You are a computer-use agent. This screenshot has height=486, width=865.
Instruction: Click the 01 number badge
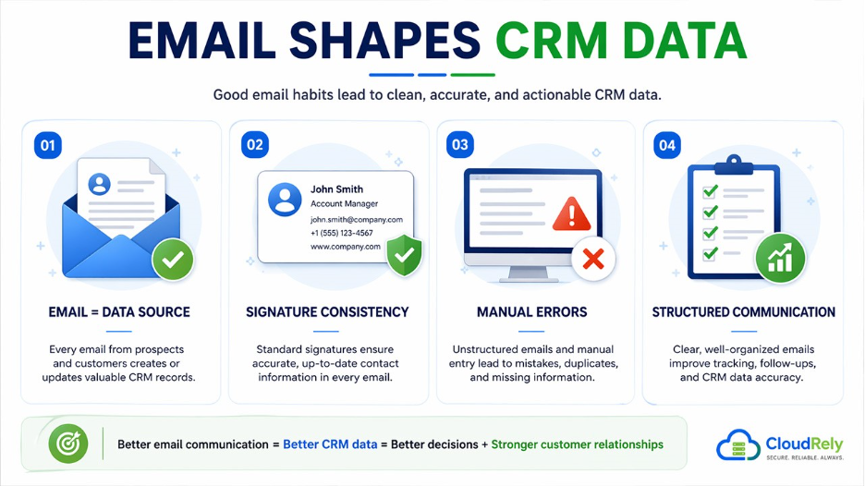[x=47, y=145]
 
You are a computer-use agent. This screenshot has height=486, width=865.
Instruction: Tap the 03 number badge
[x=459, y=145]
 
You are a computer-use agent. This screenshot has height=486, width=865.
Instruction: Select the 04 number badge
[x=666, y=145]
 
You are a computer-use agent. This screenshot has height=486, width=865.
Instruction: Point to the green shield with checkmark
[x=403, y=255]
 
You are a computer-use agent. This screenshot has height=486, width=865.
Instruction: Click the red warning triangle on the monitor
[x=571, y=214]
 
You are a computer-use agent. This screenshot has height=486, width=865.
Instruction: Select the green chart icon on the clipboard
[x=780, y=258]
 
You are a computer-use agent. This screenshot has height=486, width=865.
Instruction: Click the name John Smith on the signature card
[x=336, y=189]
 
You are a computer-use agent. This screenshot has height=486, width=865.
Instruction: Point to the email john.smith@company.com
[x=356, y=220]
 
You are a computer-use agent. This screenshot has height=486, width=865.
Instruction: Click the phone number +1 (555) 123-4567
[x=342, y=233]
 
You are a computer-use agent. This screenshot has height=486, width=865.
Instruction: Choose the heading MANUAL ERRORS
[x=531, y=312]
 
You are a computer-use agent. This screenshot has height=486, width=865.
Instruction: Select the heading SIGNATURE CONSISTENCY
[x=327, y=312]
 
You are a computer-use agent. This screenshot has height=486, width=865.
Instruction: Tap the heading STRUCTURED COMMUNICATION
[x=743, y=312]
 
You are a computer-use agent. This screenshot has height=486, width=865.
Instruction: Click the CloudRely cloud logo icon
[x=739, y=446]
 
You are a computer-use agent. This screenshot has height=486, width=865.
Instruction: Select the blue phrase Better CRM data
[x=330, y=444]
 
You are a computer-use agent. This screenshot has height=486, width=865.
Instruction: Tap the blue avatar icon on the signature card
[x=285, y=199]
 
